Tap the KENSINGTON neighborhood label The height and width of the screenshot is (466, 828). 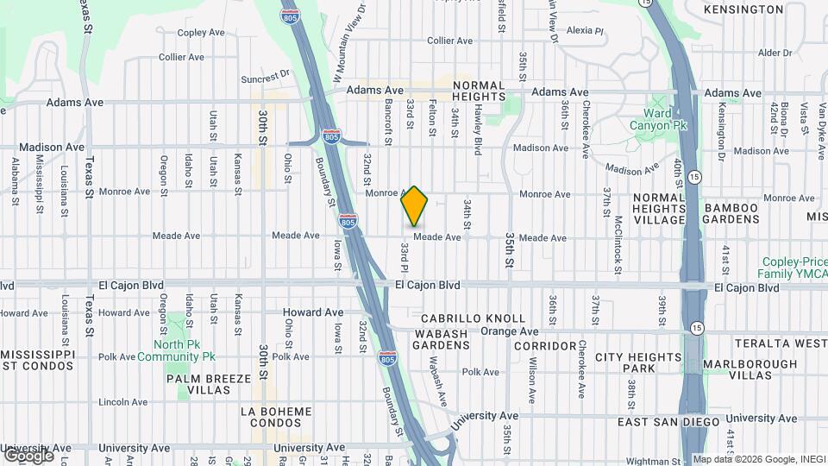743,9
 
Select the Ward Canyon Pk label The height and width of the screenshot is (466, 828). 665,119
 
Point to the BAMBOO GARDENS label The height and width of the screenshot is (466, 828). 742,215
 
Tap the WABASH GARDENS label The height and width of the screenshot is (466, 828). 442,339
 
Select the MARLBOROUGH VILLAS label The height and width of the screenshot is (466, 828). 750,369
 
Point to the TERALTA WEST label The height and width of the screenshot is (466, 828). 781,343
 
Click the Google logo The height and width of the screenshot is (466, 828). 29,455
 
